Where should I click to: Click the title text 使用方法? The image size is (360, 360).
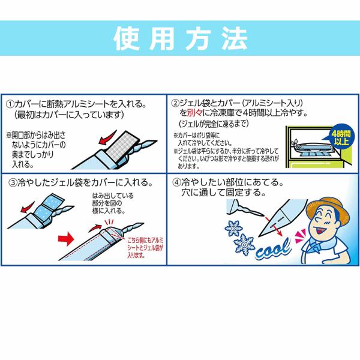point(180,38)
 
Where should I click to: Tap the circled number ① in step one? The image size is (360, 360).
point(10,104)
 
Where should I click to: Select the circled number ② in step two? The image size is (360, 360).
point(175,103)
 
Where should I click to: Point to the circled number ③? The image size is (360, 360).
point(13,183)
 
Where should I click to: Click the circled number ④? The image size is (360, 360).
point(177,182)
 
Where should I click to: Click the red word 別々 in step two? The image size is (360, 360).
point(194,113)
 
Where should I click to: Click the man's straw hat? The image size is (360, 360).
point(327,208)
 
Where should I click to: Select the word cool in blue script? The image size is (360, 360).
point(273,248)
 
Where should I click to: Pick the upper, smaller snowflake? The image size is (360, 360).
point(233,228)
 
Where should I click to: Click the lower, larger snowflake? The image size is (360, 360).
point(244,245)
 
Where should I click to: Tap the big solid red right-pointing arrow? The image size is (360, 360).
point(66,239)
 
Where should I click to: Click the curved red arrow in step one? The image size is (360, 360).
point(107,138)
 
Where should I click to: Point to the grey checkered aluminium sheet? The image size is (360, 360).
point(123,147)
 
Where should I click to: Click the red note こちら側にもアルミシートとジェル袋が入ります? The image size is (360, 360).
point(145,248)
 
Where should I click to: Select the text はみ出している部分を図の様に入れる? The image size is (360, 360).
point(113,203)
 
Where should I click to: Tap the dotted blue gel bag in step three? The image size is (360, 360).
point(49,209)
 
